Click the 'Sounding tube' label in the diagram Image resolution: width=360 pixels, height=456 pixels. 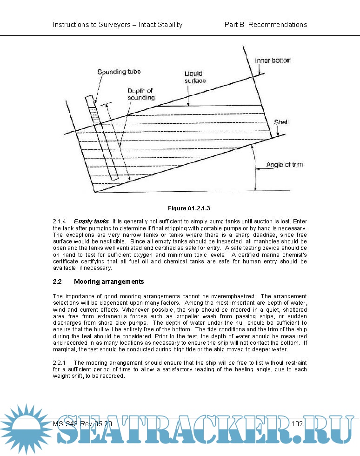pyautogui.click(x=119, y=72)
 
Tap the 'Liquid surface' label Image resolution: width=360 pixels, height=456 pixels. pyautogui.click(x=195, y=77)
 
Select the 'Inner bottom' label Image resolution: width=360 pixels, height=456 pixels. pyautogui.click(x=273, y=61)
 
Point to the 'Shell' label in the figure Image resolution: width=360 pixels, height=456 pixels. pyautogui.click(x=281, y=122)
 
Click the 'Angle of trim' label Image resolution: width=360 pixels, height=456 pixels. pyautogui.click(x=285, y=165)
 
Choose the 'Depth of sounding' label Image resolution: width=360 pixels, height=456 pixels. pyautogui.click(x=141, y=94)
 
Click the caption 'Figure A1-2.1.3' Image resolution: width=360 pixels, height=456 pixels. pyautogui.click(x=193, y=208)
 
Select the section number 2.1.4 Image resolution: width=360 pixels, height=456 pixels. pyautogui.click(x=60, y=221)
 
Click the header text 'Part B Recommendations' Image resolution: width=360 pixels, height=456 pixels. pyautogui.click(x=266, y=25)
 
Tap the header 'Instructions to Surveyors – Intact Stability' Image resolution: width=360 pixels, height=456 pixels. pyautogui.click(x=118, y=25)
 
